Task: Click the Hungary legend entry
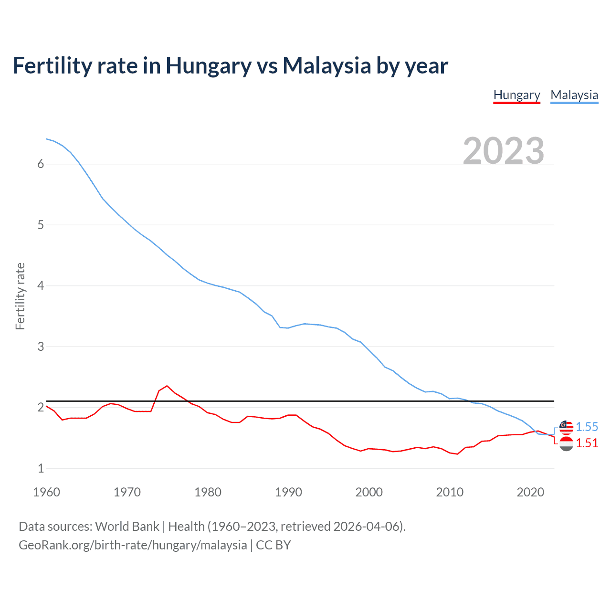click(x=516, y=95)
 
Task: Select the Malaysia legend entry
click(x=574, y=95)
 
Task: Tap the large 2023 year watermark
click(x=504, y=151)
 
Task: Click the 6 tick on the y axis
click(x=41, y=164)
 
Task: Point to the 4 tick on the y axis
click(x=41, y=286)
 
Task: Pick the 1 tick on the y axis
click(x=41, y=468)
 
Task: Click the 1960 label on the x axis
click(x=46, y=492)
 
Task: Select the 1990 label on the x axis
click(x=288, y=492)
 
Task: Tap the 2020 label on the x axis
click(x=530, y=492)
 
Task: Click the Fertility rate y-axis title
click(x=20, y=296)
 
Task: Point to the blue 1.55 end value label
click(x=587, y=427)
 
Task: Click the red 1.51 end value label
click(x=587, y=443)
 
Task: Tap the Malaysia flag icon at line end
click(x=566, y=427)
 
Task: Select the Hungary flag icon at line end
click(x=566, y=443)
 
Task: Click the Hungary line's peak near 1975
click(x=167, y=386)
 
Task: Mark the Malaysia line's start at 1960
click(x=46, y=139)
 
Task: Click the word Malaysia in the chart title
click(x=326, y=66)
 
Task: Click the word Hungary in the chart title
click(x=208, y=66)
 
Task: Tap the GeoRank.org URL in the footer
click(x=133, y=545)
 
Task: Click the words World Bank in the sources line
click(x=127, y=527)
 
